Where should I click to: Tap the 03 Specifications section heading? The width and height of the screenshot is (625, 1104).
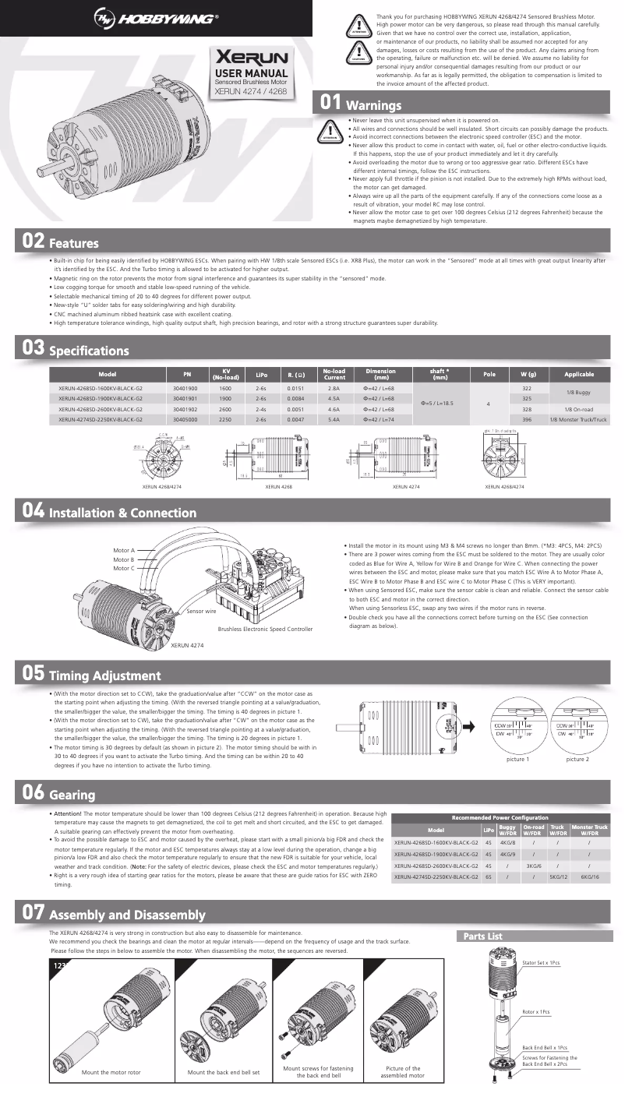76,349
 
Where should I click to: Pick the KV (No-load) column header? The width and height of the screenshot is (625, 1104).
225,374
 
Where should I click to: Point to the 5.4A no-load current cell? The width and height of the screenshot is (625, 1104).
334,419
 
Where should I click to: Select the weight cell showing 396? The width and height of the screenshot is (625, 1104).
527,419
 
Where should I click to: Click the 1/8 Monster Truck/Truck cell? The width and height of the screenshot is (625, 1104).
577,419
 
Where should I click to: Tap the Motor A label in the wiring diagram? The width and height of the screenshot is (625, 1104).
124,550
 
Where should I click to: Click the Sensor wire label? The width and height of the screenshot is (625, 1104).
201,612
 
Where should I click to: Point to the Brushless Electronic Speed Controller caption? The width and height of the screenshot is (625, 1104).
265,629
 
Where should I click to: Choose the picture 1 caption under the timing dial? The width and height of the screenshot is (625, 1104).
517,758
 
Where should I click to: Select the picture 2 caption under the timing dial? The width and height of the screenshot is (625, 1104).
577,758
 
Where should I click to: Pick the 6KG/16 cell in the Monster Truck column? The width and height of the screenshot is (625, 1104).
590,876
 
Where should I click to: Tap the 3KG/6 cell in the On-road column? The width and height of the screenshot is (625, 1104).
534,866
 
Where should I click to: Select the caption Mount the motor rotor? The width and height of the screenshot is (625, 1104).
111,1072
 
